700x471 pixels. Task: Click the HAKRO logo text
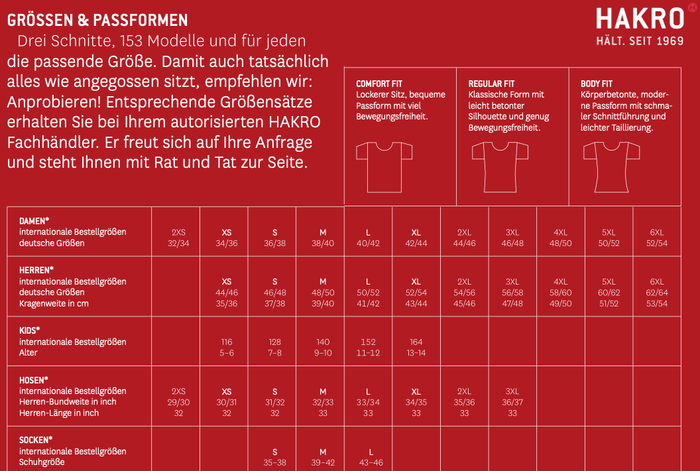point(639,19)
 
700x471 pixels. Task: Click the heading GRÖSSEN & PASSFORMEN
point(97,21)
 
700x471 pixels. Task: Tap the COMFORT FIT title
point(379,84)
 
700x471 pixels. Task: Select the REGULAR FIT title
point(491,84)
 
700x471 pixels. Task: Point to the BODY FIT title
point(596,84)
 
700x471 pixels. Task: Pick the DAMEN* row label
point(35,221)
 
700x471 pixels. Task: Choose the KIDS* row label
point(29,330)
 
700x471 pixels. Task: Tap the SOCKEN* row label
point(36,440)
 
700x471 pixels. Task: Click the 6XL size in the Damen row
point(657,232)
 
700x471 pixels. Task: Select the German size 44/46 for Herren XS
point(227,293)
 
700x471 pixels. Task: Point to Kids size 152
point(368,342)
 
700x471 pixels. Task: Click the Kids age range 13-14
point(416,353)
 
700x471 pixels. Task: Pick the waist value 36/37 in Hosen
point(512,402)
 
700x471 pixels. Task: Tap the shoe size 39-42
point(322,462)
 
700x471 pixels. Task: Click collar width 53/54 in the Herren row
point(657,303)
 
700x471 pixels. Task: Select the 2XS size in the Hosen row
point(178,391)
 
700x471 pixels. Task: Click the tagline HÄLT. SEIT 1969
point(639,41)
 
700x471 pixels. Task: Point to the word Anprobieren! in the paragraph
point(53,103)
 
